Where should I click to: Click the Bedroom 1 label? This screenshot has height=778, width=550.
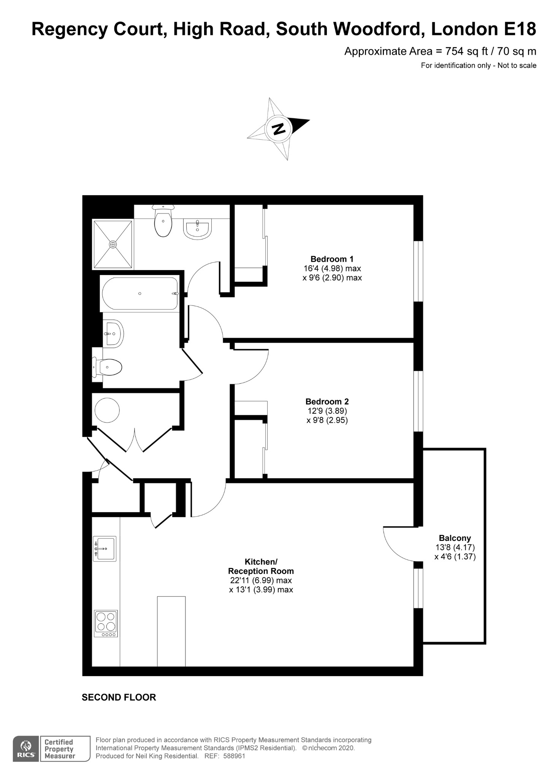point(332,259)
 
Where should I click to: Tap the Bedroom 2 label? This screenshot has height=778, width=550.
point(327,402)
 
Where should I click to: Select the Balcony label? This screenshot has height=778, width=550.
point(455,538)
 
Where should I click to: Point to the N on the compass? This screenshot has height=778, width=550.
point(279,129)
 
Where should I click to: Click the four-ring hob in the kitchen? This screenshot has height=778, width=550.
point(106,623)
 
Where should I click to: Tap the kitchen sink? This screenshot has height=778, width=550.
point(105,549)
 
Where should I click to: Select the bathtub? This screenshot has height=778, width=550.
point(139,293)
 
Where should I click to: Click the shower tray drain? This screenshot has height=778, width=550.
point(113,244)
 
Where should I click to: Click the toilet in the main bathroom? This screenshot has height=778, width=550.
point(108,367)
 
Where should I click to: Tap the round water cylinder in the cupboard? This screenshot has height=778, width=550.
point(107,410)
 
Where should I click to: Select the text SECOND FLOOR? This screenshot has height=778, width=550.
point(119,697)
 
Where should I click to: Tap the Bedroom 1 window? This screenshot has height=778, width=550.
point(418,271)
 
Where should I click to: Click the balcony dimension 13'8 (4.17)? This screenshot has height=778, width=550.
point(455,547)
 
